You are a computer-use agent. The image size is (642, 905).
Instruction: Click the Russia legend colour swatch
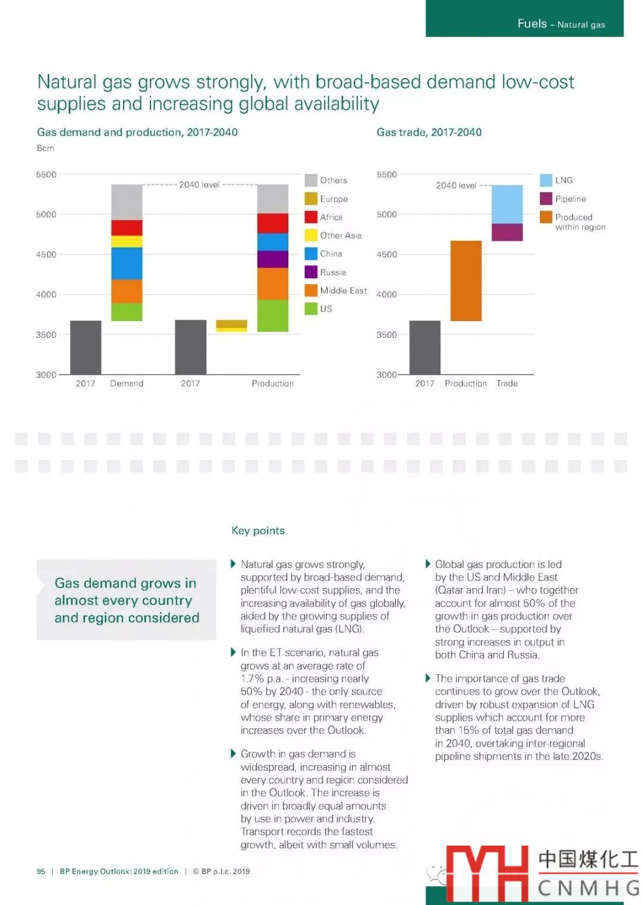click(310, 272)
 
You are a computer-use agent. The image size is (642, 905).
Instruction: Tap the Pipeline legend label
click(570, 199)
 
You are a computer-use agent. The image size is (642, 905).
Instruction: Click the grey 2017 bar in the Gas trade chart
click(424, 347)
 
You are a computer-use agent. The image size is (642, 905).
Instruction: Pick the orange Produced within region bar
click(465, 281)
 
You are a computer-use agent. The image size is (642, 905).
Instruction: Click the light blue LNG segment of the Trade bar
click(507, 204)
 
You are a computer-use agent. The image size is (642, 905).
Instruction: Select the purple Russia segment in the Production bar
click(272, 259)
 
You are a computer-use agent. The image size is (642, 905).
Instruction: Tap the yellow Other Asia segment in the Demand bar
click(127, 241)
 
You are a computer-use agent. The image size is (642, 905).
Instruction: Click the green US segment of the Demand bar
click(127, 312)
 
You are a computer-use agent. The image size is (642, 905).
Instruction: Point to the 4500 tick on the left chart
click(46, 254)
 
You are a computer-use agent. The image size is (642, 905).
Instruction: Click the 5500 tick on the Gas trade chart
click(386, 175)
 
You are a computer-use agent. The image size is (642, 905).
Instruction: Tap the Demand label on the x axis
click(127, 384)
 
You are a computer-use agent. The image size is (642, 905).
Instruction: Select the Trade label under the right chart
click(506, 384)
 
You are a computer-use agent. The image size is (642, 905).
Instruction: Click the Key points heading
click(258, 530)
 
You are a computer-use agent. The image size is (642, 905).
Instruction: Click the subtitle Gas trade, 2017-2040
click(429, 132)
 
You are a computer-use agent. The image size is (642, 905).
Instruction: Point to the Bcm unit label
click(45, 148)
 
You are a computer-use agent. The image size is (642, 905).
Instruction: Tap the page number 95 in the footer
click(41, 871)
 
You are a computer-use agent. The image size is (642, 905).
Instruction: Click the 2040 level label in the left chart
click(199, 185)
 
